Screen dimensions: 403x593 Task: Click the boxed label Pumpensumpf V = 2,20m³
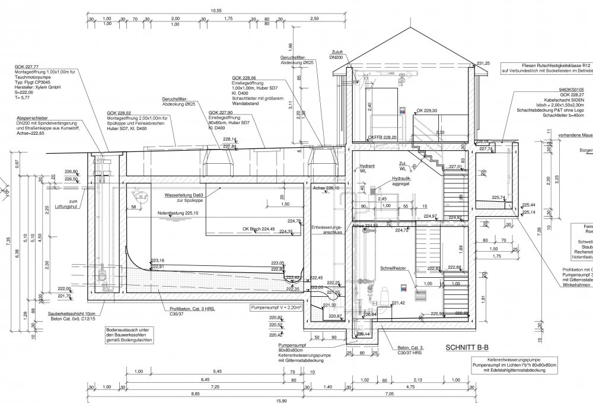[x=276, y=308]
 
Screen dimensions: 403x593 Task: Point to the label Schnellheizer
[x=393, y=268]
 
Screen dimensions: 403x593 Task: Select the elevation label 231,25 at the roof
[x=483, y=63]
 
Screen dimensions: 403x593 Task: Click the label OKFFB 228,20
[x=382, y=137]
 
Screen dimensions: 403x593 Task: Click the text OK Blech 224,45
[x=259, y=229]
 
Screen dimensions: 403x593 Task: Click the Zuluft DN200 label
[x=336, y=55]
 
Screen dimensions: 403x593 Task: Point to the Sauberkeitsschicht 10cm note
[x=72, y=313]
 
